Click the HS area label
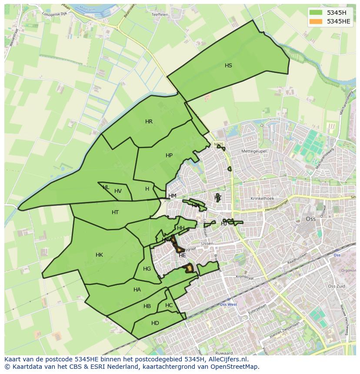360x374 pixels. pos(228,66)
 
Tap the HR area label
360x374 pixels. pos(149,122)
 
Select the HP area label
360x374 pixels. pos(169,156)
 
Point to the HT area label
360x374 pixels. pos(115,212)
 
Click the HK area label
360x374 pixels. pos(99,255)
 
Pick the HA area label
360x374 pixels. pos(137,290)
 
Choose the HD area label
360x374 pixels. pos(155,323)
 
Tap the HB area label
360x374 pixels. pos(147,306)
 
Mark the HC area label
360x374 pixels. pos(169,305)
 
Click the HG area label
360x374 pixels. pos(147,269)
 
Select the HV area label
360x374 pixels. pos(118,191)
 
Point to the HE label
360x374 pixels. pos(182,255)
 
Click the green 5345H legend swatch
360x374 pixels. pos(316,13)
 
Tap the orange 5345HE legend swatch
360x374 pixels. pos(316,21)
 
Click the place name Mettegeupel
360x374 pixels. pos(253,152)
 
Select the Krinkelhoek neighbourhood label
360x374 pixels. pos(262,199)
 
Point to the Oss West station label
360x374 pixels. pos(228,304)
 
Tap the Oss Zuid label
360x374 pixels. pos(336,286)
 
